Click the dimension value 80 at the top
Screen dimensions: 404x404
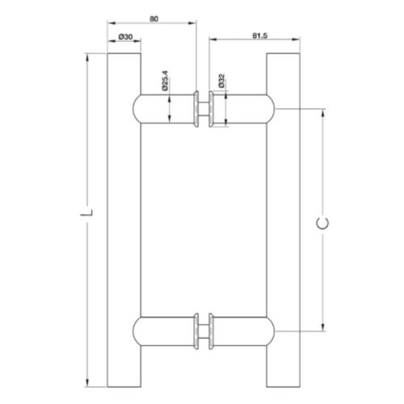154,19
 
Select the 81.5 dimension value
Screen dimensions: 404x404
259,36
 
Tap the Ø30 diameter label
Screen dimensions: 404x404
125,36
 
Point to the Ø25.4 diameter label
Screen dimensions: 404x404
165,81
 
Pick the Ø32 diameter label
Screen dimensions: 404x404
221,81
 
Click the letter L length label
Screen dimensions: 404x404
87,213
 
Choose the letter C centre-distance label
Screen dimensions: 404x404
322,223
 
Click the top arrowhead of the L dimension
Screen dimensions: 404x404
87,57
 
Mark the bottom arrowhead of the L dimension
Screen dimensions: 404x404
87,383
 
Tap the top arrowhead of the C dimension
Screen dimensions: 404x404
323,113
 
